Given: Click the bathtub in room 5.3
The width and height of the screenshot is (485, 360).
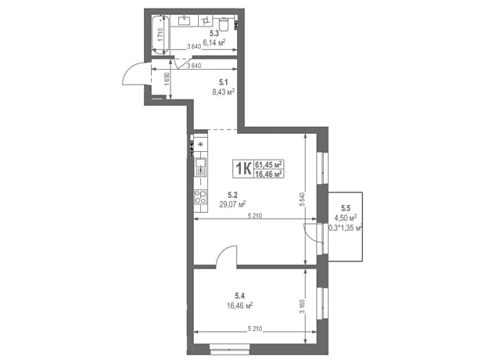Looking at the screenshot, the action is coord(161,34).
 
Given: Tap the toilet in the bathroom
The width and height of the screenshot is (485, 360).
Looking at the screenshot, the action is coord(223,23).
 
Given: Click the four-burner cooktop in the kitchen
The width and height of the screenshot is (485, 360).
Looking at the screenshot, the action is coord(200,197).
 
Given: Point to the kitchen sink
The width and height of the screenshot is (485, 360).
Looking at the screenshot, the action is coord(200,167).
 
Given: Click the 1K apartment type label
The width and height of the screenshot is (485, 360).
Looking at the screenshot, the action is coord(243,169).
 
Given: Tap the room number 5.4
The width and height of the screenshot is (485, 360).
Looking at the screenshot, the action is coord(240,296).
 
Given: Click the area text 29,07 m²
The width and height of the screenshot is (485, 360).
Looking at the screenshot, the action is coord(232,204).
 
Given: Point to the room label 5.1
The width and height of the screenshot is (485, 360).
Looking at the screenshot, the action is coord(223,82).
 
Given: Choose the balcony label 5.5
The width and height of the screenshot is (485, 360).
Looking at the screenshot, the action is coord(346,207).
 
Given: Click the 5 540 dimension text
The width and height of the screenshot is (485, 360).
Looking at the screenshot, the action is coord(303,200).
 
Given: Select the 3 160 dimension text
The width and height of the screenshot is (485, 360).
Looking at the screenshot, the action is coord(303,307).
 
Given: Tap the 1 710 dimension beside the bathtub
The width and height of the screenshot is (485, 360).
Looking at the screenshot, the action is coord(160,34).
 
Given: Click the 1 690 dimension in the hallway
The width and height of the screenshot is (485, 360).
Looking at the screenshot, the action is coord(167,80).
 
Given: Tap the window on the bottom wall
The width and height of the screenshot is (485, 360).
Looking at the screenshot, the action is coord(229,349).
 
